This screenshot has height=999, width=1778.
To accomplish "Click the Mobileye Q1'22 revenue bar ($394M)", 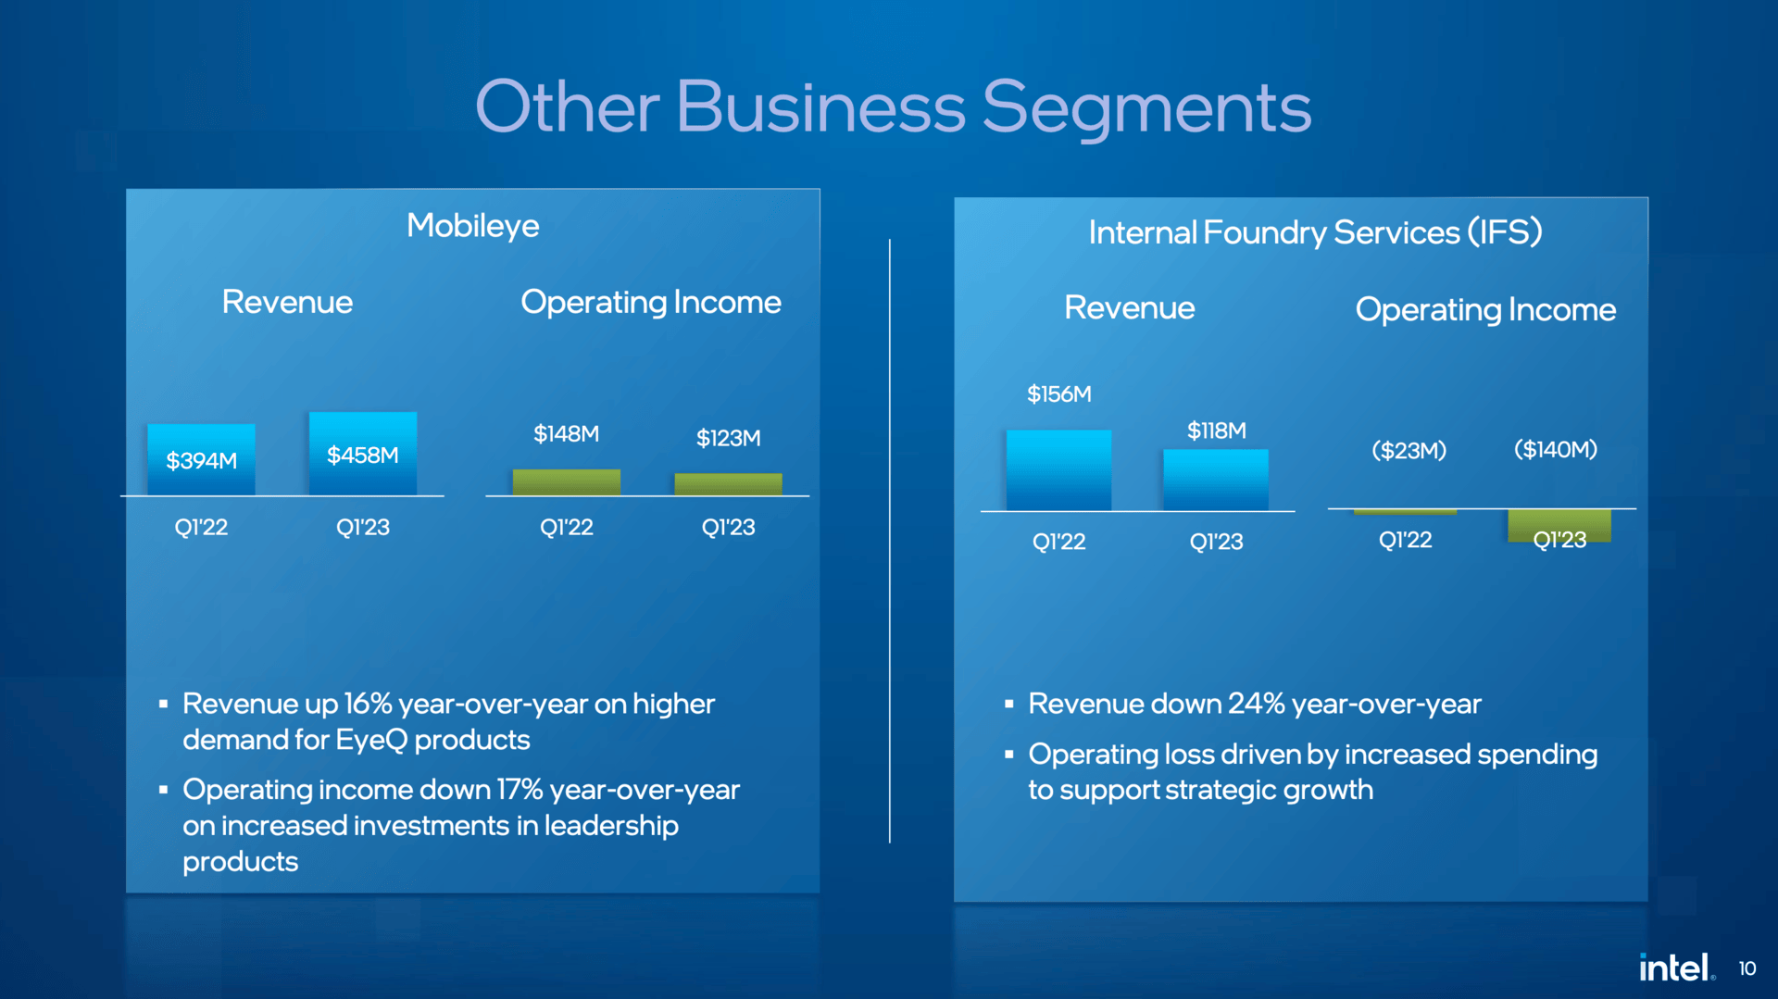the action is pos(201,459).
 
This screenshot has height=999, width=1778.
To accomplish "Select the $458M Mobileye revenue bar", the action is pos(363,454).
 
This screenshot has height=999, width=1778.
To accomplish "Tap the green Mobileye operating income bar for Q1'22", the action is pos(567,482).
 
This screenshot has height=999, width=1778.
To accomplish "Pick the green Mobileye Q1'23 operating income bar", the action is pos(729,484).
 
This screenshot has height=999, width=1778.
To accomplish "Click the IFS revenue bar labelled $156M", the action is pos(1058,470).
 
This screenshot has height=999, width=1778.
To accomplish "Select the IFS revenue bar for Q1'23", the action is pos(1216,481).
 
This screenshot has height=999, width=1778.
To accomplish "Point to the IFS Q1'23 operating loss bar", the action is pos(1559,526).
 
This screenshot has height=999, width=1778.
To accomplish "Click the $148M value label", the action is pos(567,433).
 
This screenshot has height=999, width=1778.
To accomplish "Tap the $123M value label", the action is pos(729,438).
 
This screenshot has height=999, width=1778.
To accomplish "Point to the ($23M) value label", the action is pos(1409,451).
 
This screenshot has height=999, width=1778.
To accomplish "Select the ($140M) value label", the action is pos(1556,450).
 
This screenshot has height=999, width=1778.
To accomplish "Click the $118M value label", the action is pos(1217,431).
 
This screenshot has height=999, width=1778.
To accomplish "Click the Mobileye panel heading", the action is pos(473,226).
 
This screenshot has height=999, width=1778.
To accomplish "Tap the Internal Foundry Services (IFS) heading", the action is pos(1315,231).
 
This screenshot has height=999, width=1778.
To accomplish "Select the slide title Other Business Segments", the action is pos(893,107).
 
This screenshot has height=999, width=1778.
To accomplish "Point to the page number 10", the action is pos(1747,968).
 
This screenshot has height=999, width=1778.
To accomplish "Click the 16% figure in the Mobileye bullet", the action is pos(369,704).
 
